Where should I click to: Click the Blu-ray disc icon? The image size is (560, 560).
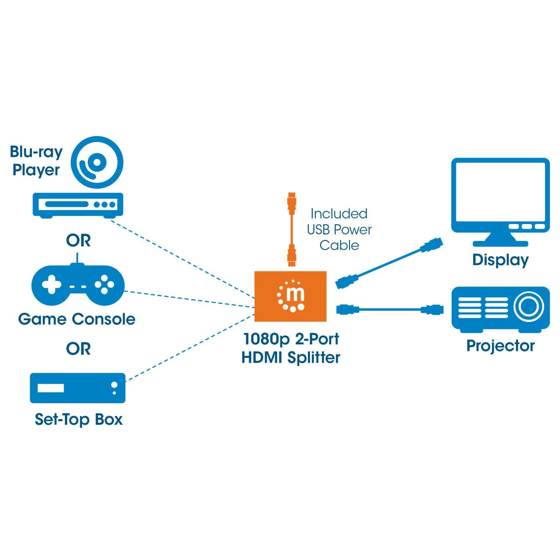[97, 162]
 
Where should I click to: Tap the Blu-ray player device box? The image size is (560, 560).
[78, 205]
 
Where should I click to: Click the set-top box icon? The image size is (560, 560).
[78, 388]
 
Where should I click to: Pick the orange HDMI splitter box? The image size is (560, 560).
[290, 296]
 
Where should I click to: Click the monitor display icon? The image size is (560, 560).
[500, 198]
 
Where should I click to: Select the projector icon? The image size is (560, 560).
[500, 309]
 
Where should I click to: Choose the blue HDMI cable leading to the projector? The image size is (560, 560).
[390, 309]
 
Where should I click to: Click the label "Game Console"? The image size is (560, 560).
[77, 319]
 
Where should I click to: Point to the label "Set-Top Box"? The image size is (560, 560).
[78, 419]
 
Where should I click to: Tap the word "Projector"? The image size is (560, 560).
[500, 346]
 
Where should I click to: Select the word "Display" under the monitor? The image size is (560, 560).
[500, 260]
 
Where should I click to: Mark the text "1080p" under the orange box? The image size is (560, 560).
[266, 339]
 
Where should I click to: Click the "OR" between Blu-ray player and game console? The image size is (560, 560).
[78, 240]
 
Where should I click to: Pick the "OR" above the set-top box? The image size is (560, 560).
[78, 349]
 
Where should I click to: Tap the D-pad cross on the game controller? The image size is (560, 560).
[52, 284]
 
